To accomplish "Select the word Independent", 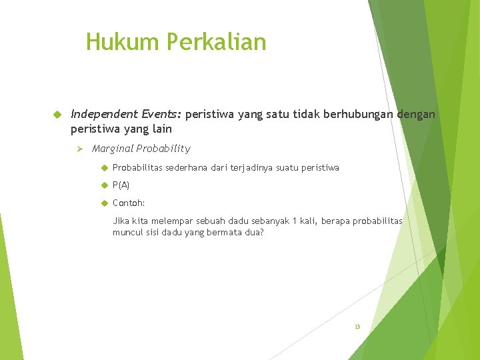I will (x=102, y=115).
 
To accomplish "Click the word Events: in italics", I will (x=159, y=115).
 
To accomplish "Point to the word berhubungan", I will (x=358, y=115).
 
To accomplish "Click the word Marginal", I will (x=113, y=149).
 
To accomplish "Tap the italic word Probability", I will (x=163, y=149).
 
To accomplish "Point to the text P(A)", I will (x=121, y=185).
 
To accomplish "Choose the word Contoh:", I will (x=129, y=203).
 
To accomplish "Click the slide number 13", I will (x=357, y=327).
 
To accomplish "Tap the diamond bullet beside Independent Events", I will (x=57, y=115).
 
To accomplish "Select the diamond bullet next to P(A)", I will (x=104, y=185).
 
